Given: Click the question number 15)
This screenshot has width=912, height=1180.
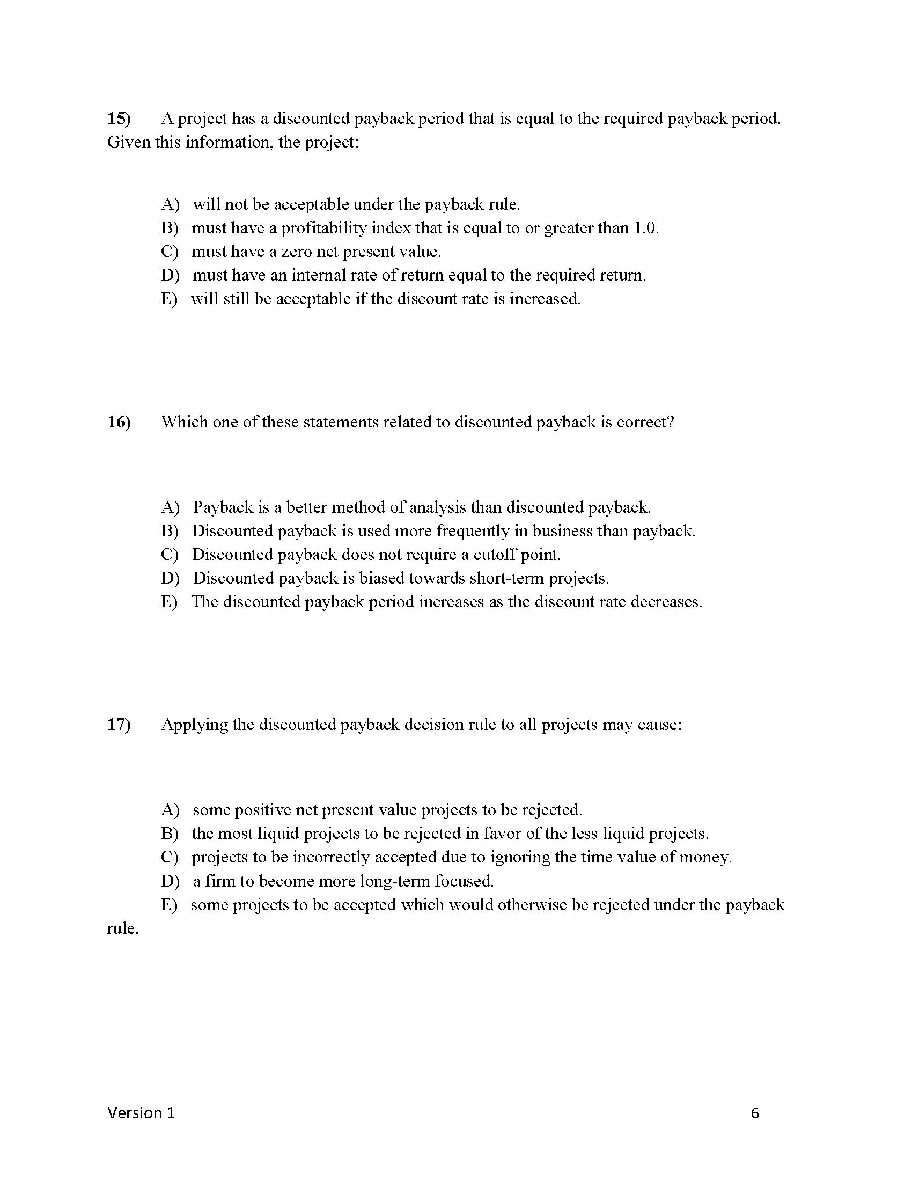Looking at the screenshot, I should point(119,119).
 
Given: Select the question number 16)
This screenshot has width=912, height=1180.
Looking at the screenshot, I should point(119,422).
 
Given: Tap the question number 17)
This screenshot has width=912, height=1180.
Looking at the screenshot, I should point(119,725).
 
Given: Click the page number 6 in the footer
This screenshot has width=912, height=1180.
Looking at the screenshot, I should point(755,1113).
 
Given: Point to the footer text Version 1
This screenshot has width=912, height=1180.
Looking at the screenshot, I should point(141,1113).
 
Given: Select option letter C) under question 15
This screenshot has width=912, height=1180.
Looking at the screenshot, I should point(169,252).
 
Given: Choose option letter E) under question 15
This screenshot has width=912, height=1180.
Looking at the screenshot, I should point(168,299).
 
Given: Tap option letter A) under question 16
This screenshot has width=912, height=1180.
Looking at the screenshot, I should point(170,507).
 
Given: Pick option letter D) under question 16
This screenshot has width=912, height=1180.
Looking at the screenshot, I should point(170,578).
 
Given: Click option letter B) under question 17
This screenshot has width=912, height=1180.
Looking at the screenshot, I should point(169,834).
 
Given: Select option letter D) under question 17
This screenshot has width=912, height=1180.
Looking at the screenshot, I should point(170,881).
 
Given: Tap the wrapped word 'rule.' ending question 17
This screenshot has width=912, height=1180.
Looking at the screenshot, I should point(123,929).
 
